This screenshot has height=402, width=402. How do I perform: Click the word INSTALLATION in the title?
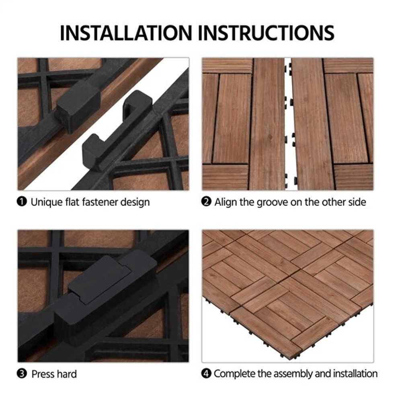pos(126,33)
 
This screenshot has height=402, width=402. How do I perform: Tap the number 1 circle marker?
pos(22,201)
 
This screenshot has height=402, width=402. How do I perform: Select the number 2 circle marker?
pos(206,201)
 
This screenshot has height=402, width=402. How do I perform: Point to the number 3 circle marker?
pos(22,374)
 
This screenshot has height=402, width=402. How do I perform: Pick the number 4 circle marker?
pos(206,373)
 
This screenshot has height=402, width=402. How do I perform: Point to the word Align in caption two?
pos(226,201)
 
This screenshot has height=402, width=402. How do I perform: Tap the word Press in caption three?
pos(42,374)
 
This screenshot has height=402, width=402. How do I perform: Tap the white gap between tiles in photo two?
pos(288,121)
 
